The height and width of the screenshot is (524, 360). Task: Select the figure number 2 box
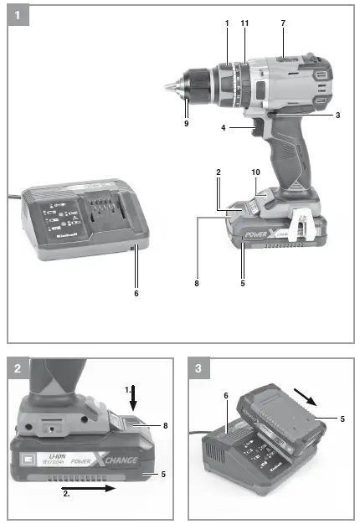[x=17, y=367]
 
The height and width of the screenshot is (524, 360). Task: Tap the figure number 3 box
[x=198, y=367]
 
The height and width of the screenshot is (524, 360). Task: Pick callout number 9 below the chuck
[x=186, y=123]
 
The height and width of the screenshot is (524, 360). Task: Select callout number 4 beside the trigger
[x=223, y=127]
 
